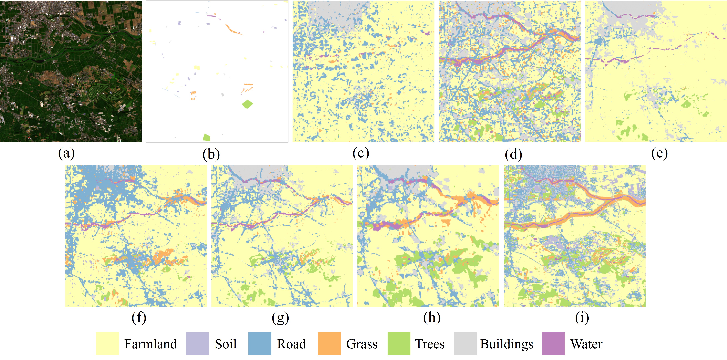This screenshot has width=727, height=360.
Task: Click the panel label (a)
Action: coord(66,154)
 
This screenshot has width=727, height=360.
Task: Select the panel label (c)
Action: coord(361,154)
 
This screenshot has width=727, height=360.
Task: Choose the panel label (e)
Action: coord(659,154)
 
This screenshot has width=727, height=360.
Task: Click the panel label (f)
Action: coord(139,318)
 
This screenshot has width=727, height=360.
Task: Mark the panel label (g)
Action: coord(280,318)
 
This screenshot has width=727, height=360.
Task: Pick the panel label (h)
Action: coord(432,318)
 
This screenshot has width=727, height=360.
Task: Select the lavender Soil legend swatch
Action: coord(197,344)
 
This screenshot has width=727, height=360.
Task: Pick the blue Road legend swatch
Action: coord(260,344)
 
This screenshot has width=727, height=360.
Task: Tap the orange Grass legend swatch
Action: coord(329,344)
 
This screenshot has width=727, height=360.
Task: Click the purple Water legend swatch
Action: coord(553,344)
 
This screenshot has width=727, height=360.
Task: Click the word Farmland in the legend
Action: coord(150,344)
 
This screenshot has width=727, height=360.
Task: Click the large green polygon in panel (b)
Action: coord(247,104)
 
